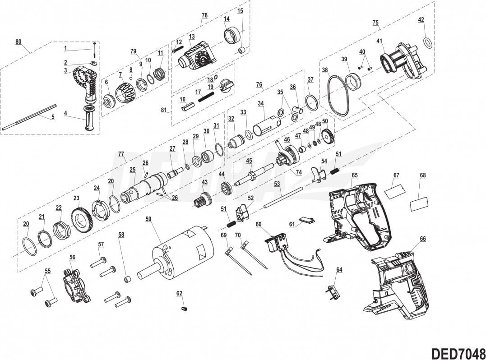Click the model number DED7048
[457, 351]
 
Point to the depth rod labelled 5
[29, 117]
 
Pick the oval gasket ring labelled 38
[339, 95]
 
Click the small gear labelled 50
[329, 136]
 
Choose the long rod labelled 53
[284, 194]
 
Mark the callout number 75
[375, 22]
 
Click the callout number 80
[18, 42]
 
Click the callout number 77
[121, 154]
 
